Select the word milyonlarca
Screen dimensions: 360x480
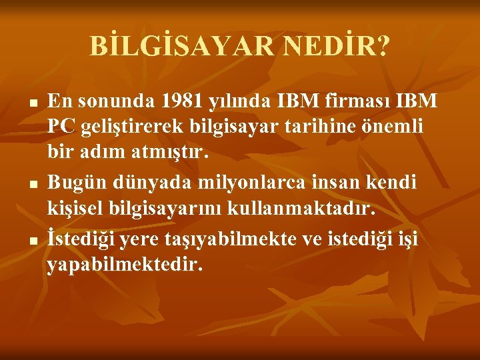[x=243, y=181]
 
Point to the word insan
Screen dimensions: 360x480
[x=319, y=181]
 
